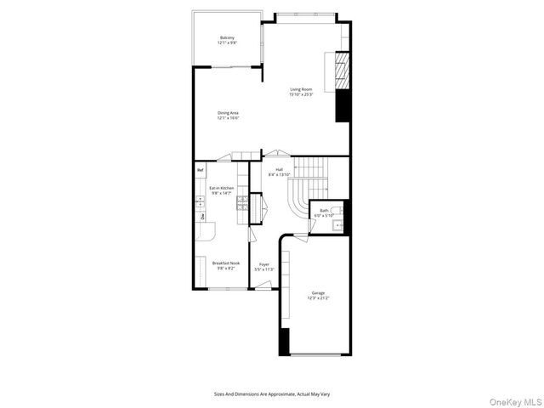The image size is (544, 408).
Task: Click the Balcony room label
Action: point(228,37)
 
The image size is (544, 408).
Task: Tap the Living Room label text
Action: point(301,89)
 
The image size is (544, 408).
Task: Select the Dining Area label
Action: point(228,113)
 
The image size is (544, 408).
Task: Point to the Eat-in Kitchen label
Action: point(222,188)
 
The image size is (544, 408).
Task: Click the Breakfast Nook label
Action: point(226,263)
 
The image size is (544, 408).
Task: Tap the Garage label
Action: point(317,293)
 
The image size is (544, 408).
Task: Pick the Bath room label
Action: point(324,211)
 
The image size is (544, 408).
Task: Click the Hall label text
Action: point(279,169)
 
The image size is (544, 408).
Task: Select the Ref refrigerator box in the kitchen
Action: point(201,170)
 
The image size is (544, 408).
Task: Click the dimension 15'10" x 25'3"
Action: point(301,94)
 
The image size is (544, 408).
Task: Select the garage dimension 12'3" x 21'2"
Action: point(317,298)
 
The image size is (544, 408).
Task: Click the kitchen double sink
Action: point(201,201)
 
